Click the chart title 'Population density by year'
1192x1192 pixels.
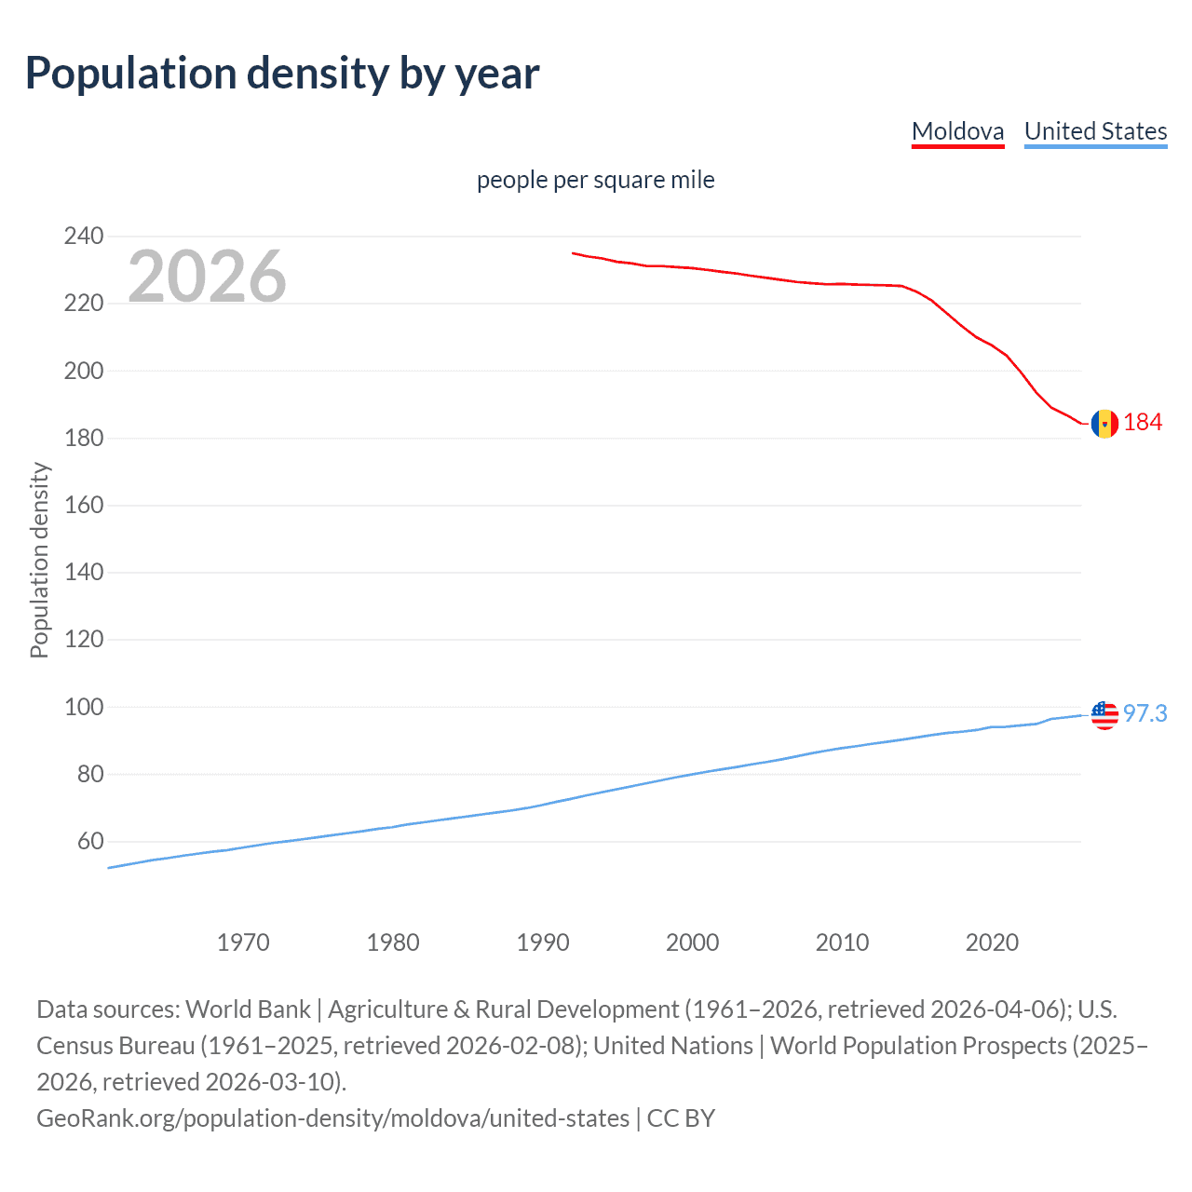(282, 74)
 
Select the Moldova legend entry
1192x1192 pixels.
(957, 131)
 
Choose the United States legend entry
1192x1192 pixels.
(1095, 131)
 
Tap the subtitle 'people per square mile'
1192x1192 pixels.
(595, 180)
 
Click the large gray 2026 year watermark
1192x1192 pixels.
(207, 277)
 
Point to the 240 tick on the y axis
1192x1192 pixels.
(84, 237)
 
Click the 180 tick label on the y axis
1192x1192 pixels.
(84, 438)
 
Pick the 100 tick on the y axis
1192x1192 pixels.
(84, 707)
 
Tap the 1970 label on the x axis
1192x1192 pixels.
(243, 942)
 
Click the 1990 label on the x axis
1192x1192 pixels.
(543, 942)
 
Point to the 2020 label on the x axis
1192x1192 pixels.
(992, 942)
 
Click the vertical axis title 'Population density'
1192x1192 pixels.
(39, 561)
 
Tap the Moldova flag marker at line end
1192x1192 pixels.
(1104, 424)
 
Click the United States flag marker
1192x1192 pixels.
(1104, 715)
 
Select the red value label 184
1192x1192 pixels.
(1143, 423)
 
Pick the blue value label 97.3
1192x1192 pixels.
(1145, 713)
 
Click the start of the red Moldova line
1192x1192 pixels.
(574, 252)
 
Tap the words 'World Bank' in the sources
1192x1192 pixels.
(248, 1009)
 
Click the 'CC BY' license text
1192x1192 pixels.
(681, 1118)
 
